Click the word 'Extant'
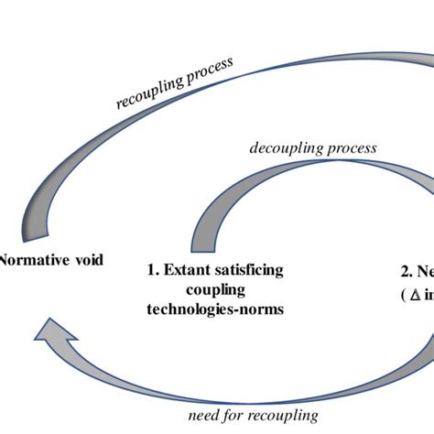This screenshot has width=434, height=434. [189, 270]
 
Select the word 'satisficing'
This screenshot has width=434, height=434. [249, 270]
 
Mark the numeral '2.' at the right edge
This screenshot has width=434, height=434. [406, 270]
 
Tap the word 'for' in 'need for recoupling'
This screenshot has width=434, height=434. [236, 416]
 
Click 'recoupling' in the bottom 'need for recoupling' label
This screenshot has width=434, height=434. [285, 416]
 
